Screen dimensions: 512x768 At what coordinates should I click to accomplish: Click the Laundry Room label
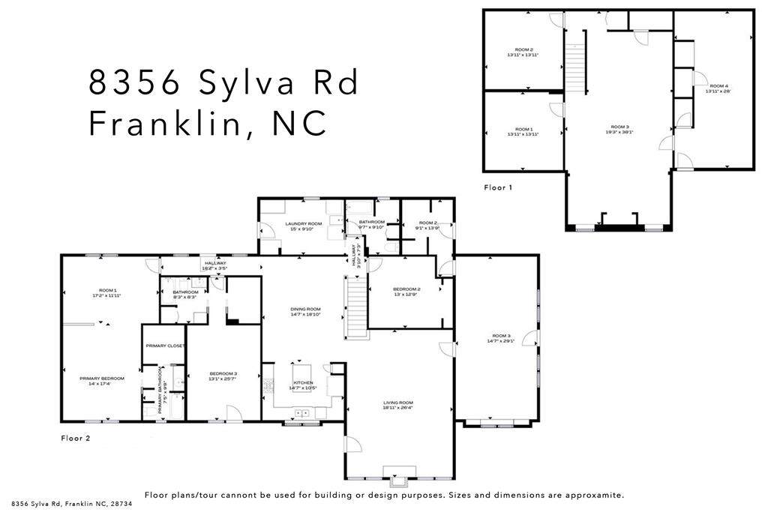pos(304,224)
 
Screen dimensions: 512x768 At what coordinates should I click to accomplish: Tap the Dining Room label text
pos(305,309)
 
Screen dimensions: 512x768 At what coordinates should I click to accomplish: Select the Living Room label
pos(398,403)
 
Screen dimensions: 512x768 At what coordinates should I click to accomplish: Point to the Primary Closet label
pos(165,346)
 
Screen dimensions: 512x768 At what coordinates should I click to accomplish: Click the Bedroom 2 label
pos(406,289)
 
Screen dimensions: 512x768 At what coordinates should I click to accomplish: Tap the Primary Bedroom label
pos(101,379)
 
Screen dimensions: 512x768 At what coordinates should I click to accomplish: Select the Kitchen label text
pos(303,383)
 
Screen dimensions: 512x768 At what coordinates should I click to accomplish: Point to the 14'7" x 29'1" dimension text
pos(501,341)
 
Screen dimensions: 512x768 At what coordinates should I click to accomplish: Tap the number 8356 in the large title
pos(133,82)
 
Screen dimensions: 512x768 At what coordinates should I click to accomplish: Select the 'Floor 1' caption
pos(497,188)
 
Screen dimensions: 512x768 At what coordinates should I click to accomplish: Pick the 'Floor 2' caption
pos(75,438)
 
